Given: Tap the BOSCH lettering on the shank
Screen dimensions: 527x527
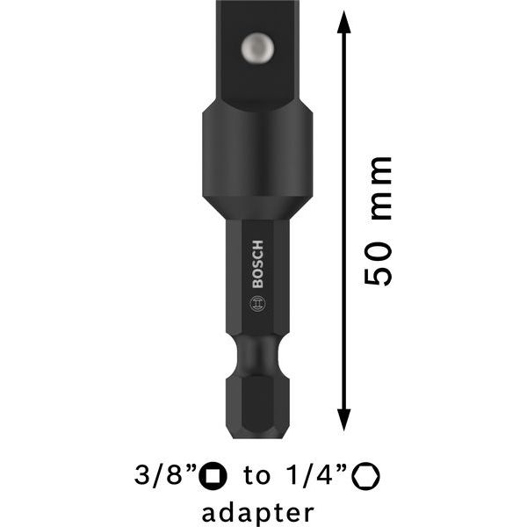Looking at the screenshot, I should coord(257,264).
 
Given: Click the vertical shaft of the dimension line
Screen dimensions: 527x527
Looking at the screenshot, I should coord(343,220).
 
